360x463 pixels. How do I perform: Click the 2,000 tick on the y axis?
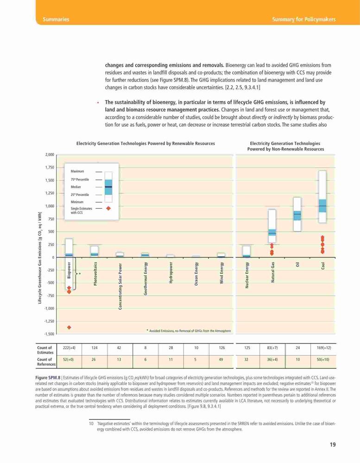[x=50, y=155]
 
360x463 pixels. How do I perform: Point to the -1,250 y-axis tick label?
[x=49, y=321]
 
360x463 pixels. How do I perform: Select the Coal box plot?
[x=322, y=197]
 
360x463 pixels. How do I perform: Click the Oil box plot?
[x=297, y=214]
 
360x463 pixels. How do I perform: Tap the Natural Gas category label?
[x=272, y=272]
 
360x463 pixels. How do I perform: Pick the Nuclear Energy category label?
[x=247, y=275]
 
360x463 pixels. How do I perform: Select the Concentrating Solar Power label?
[x=120, y=286]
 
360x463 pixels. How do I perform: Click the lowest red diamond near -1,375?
[x=69, y=327]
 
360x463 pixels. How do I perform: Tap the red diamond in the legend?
[x=108, y=208]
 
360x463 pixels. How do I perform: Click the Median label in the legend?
[x=76, y=187]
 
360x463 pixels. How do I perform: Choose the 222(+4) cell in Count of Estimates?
[x=69, y=348]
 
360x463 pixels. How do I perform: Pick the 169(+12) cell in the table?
[x=323, y=348]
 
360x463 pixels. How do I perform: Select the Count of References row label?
[x=46, y=362]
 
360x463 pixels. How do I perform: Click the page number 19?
[x=333, y=444]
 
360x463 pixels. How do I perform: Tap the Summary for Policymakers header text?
[x=304, y=19]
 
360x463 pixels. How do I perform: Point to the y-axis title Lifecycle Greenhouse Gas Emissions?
[x=39, y=257]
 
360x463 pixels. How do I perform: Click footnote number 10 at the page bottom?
[x=91, y=424]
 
